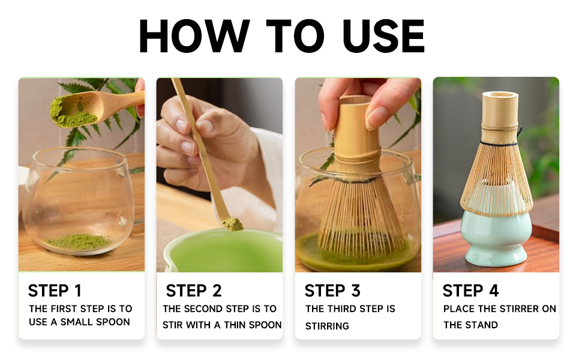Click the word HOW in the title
tap(194, 35)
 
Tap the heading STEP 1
tap(55, 290)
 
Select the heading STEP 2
tap(193, 290)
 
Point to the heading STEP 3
tap(332, 290)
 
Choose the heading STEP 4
tap(470, 290)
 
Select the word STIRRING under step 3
tap(327, 326)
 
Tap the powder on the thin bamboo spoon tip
tap(233, 224)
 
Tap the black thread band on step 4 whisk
tap(499, 143)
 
